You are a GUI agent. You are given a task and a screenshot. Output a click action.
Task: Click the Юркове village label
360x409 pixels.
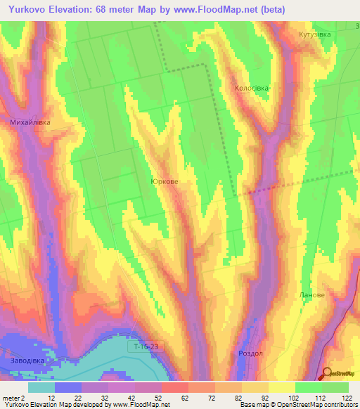[x=164, y=181]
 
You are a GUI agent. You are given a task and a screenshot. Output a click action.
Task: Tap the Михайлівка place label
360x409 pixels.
[x=30, y=122]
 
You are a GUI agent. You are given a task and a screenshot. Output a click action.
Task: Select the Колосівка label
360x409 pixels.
[x=252, y=89]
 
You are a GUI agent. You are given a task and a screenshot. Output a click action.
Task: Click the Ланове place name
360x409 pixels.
[x=312, y=295]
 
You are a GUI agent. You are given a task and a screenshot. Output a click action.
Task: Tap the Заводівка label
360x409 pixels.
[x=28, y=363]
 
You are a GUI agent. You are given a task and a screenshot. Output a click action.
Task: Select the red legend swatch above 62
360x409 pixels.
[x=174, y=387]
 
